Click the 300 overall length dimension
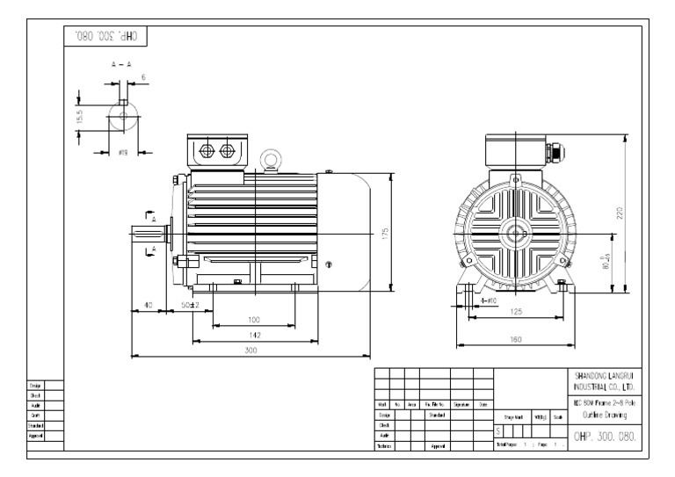click(250, 350)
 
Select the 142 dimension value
click(255, 335)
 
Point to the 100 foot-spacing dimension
click(255, 320)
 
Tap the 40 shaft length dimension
click(148, 305)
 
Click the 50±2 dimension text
click(190, 305)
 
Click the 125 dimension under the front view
click(517, 312)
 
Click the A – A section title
click(122, 65)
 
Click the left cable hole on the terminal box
click(208, 151)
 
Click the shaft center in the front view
click(514, 235)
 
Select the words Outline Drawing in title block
click(604, 416)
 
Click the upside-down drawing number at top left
click(106, 37)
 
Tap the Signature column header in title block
click(461, 404)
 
